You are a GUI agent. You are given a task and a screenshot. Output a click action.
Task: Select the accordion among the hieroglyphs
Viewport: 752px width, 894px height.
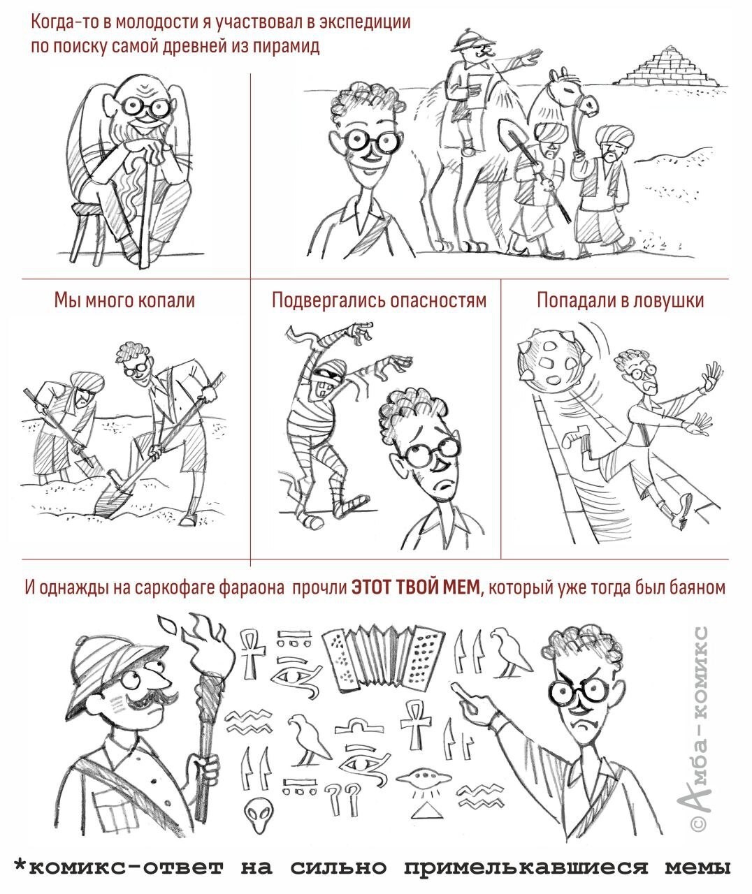coord(383,658)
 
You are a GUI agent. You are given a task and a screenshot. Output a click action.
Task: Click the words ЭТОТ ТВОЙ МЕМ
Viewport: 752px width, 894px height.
coord(416,587)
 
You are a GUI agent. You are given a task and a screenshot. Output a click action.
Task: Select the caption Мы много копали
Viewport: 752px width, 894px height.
coord(124,300)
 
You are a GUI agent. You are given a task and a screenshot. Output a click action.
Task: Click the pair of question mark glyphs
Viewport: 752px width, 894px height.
coord(343,799)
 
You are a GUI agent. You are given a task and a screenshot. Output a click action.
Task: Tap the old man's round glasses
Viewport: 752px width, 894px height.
coord(145,107)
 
